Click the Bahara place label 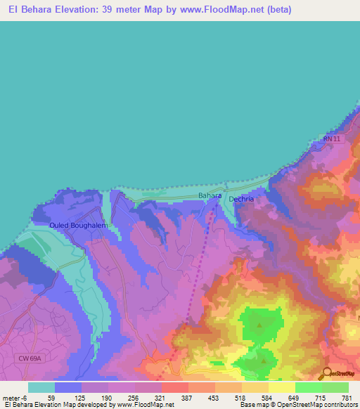pyautogui.click(x=210, y=195)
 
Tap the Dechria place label pyautogui.click(x=241, y=199)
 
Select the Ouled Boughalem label pyautogui.click(x=77, y=225)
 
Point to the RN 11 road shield pyautogui.click(x=332, y=140)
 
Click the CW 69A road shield pyautogui.click(x=31, y=358)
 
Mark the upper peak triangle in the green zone pyautogui.click(x=259, y=325)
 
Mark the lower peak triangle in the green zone pyautogui.click(x=264, y=361)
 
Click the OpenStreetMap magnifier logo pyautogui.click(x=324, y=373)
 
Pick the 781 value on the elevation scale pyautogui.click(x=346, y=397)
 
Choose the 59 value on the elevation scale pyautogui.click(x=51, y=397)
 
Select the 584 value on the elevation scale pyautogui.click(x=266, y=397)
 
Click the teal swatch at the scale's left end pyautogui.click(x=41, y=387)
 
